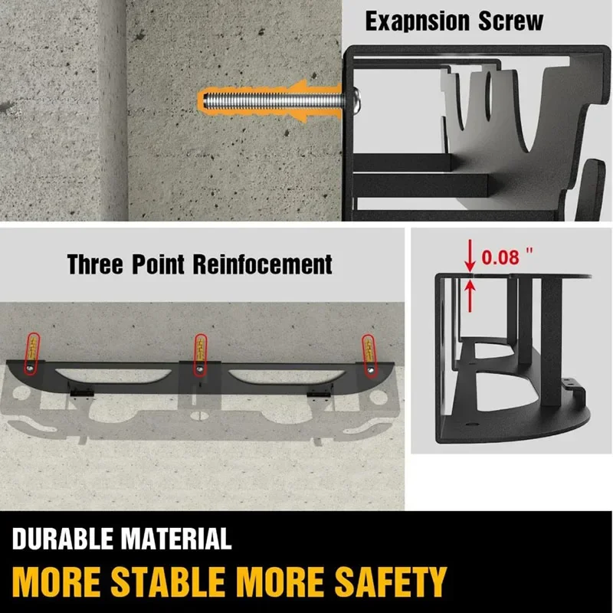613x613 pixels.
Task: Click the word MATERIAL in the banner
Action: pos(180,538)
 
